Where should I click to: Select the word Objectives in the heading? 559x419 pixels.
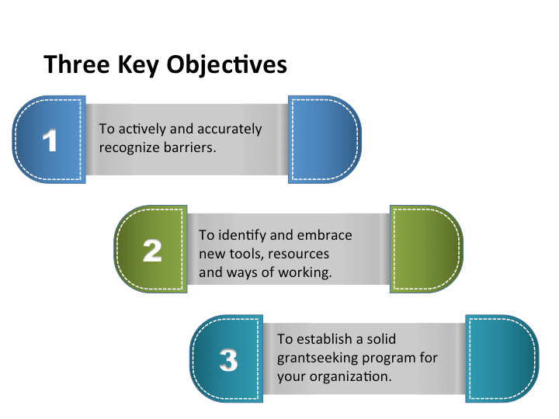[227, 65]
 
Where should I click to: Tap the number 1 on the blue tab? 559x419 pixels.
[50, 140]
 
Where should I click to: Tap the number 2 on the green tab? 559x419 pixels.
[152, 250]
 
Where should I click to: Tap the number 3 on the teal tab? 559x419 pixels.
[228, 360]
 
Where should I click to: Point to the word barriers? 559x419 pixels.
[189, 146]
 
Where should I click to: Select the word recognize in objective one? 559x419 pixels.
[129, 147]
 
